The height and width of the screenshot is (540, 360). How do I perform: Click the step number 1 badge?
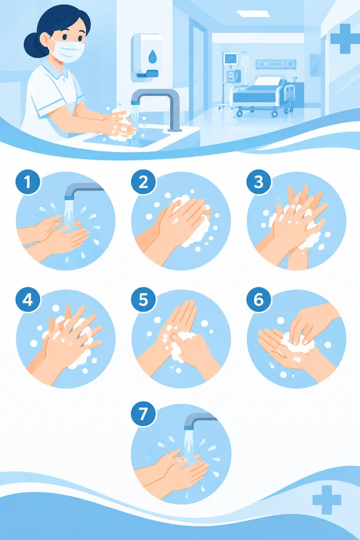pyautogui.click(x=28, y=182)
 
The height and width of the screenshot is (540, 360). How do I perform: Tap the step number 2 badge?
pyautogui.click(x=143, y=182)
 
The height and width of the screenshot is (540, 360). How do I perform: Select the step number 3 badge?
pyautogui.click(x=259, y=182)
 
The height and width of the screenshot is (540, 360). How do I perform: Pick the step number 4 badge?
pyautogui.click(x=28, y=300)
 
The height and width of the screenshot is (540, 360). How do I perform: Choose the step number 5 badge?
pyautogui.click(x=143, y=300)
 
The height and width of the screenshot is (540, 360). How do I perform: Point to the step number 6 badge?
pyautogui.click(x=259, y=300)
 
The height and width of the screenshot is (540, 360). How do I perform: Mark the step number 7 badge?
pyautogui.click(x=143, y=413)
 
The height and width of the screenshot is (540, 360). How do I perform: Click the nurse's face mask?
pyautogui.click(x=67, y=51)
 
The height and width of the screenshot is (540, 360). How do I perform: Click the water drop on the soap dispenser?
pyautogui.click(x=152, y=56)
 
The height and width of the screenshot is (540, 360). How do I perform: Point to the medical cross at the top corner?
pyautogui.click(x=344, y=39)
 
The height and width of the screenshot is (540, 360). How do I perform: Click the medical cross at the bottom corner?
pyautogui.click(x=327, y=499)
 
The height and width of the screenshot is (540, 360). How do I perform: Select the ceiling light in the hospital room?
pyautogui.click(x=252, y=13)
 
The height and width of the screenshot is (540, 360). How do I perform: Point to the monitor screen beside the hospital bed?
pyautogui.click(x=229, y=59)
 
